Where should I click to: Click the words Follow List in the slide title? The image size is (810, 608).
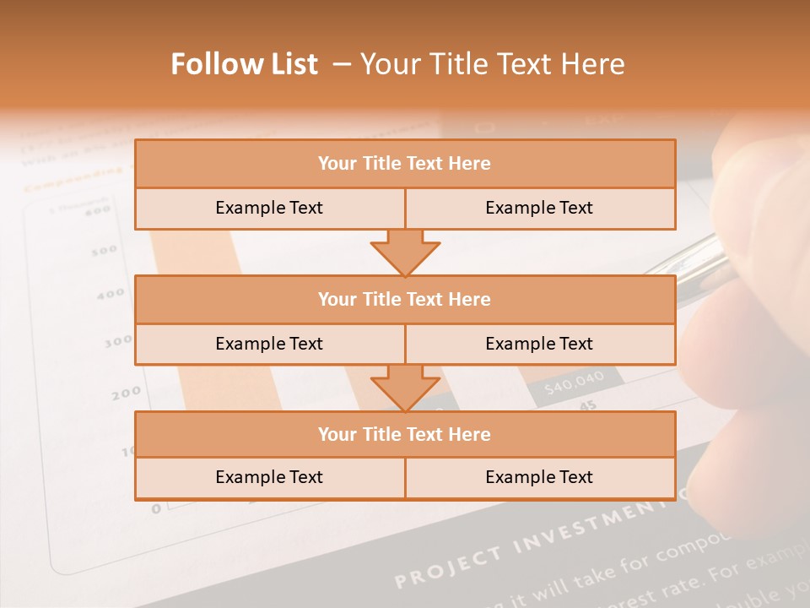click(x=245, y=64)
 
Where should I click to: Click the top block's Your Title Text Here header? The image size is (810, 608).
click(x=405, y=164)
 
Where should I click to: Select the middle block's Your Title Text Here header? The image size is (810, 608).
click(x=405, y=299)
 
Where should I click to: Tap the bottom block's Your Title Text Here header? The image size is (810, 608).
click(x=405, y=434)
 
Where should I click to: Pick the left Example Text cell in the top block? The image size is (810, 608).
click(x=269, y=208)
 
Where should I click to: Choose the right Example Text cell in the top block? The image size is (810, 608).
click(x=539, y=208)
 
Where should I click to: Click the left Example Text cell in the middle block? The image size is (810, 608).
click(x=269, y=344)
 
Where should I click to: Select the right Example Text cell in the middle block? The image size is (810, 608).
click(x=539, y=344)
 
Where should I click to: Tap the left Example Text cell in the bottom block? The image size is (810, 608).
click(x=269, y=477)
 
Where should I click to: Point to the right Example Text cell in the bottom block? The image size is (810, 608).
click(x=539, y=477)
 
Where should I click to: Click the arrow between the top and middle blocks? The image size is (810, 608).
click(x=405, y=252)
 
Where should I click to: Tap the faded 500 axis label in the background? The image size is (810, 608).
click(x=104, y=250)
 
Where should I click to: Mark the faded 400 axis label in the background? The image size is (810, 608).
click(x=110, y=295)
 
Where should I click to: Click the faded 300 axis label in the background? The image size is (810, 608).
click(x=117, y=342)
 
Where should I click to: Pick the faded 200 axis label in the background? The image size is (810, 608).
click(x=126, y=393)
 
